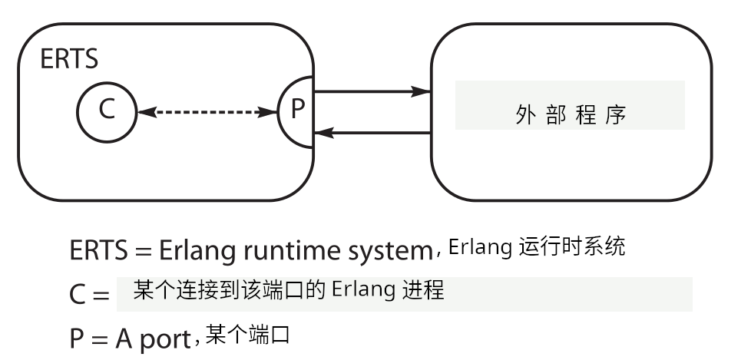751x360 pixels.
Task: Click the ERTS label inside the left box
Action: tap(69, 60)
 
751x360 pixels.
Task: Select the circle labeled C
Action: tap(106, 111)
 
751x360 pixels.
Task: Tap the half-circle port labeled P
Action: tap(296, 111)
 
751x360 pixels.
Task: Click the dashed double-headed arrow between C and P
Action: tap(207, 112)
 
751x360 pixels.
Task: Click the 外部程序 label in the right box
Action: tap(569, 115)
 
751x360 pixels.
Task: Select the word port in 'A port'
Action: tap(164, 339)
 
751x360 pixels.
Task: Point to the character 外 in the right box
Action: tap(523, 115)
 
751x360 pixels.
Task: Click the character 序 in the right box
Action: tap(616, 115)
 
